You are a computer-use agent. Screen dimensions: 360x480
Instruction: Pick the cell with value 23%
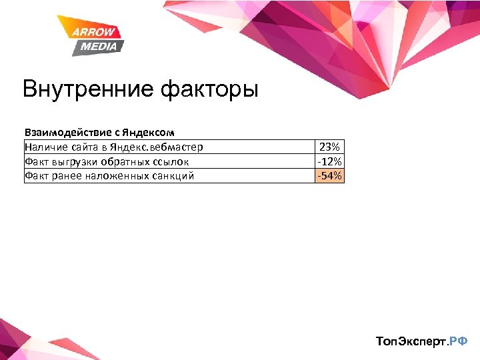(329, 147)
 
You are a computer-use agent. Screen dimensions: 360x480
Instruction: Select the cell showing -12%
(329, 161)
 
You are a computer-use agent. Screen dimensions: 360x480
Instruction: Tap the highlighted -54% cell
(329, 176)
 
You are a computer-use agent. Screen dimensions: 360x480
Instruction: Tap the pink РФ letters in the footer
(459, 341)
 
